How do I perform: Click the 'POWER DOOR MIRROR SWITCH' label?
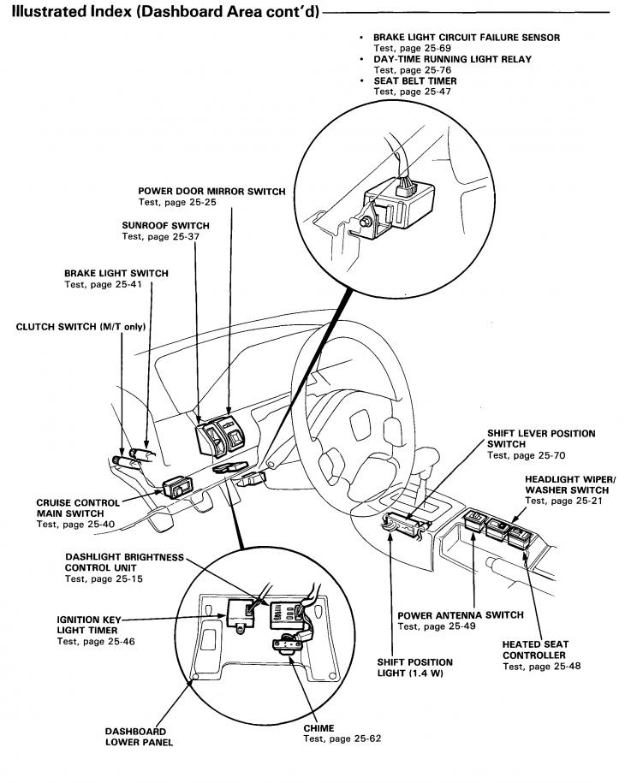click(x=211, y=192)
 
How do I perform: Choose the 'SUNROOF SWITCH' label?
click(x=165, y=226)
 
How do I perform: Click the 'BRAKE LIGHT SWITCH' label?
click(x=116, y=274)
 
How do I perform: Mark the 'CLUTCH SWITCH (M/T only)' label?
click(x=80, y=327)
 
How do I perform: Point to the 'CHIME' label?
click(x=319, y=728)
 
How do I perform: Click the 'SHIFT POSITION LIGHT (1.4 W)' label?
click(x=414, y=667)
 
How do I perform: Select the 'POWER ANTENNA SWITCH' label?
click(x=460, y=615)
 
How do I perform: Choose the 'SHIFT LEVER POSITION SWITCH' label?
click(x=540, y=439)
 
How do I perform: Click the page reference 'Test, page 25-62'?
click(x=342, y=739)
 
